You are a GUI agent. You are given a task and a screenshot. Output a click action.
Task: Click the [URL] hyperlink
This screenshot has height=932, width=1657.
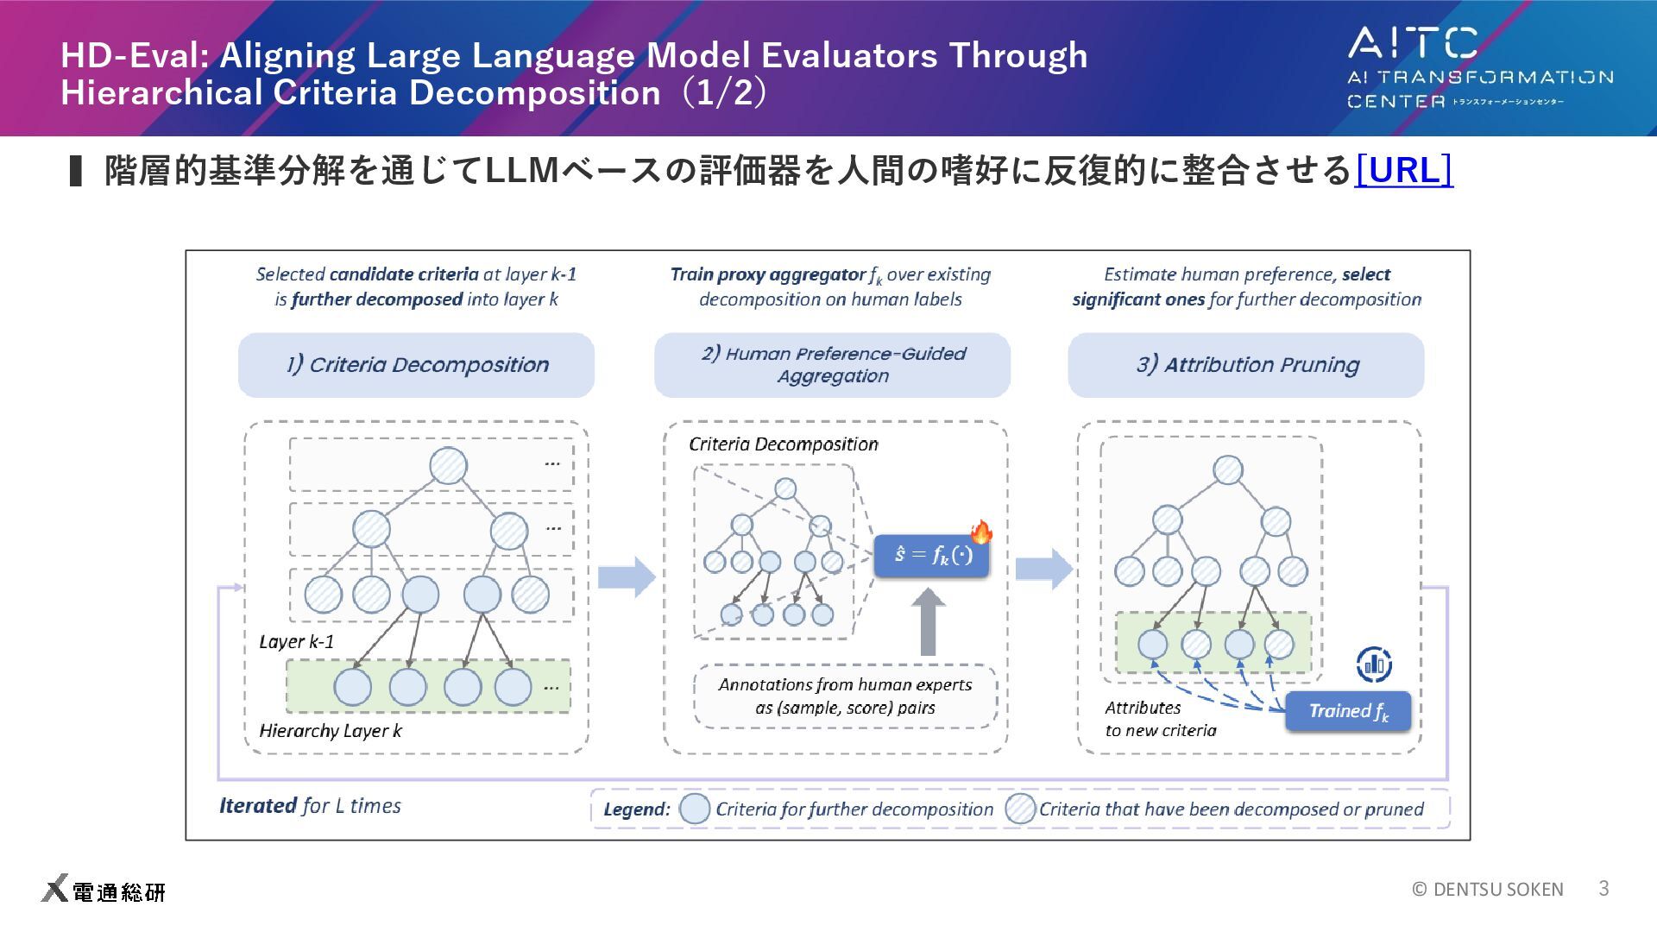pyautogui.click(x=1403, y=170)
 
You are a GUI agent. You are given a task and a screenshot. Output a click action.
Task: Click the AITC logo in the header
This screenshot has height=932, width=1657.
pyautogui.click(x=1479, y=68)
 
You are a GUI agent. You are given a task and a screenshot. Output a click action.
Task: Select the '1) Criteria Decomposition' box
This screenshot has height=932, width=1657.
pyautogui.click(x=416, y=365)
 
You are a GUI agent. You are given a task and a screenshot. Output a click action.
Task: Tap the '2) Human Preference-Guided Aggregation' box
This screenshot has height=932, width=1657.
pyautogui.click(x=832, y=365)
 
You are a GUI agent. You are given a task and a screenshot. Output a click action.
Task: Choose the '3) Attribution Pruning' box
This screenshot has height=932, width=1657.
pyautogui.click(x=1246, y=365)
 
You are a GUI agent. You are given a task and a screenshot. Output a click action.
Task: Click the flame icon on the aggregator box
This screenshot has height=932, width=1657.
pyautogui.click(x=981, y=532)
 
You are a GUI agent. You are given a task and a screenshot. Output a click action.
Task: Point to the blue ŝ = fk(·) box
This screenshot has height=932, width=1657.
pyautogui.click(x=930, y=555)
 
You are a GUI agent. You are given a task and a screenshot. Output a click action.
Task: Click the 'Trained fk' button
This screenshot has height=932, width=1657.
pyautogui.click(x=1347, y=711)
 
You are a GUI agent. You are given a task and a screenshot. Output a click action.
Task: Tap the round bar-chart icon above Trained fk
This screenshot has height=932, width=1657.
pyautogui.click(x=1374, y=664)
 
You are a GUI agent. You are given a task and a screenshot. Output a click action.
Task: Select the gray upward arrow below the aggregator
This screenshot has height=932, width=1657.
pyautogui.click(x=928, y=622)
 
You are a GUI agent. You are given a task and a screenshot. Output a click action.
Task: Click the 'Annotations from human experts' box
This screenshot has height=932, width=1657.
pyautogui.click(x=845, y=696)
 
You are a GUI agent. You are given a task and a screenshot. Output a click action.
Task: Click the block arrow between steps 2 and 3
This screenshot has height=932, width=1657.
pyautogui.click(x=1043, y=569)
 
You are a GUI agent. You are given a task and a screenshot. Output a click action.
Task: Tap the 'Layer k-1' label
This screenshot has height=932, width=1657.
pyautogui.click(x=296, y=642)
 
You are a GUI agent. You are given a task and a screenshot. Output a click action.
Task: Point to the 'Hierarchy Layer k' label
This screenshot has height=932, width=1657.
pyautogui.click(x=331, y=731)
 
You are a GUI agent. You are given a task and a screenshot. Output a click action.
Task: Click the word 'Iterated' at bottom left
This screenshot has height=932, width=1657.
pyautogui.click(x=257, y=805)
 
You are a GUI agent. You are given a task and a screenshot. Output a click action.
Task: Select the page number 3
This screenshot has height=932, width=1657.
pyautogui.click(x=1603, y=888)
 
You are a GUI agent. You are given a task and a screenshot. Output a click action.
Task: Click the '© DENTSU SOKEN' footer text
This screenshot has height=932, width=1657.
pyautogui.click(x=1487, y=889)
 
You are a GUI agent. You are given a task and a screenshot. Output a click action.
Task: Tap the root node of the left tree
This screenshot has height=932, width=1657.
pyautogui.click(x=448, y=466)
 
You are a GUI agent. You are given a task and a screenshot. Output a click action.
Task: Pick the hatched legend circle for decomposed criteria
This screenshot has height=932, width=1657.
pyautogui.click(x=1020, y=809)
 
